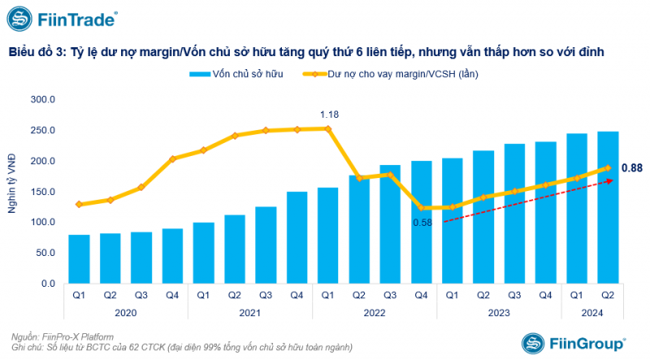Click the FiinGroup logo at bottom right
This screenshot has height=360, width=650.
(574, 343)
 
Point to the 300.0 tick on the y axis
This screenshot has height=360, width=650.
(41, 99)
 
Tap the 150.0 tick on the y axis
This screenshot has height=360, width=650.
(41, 192)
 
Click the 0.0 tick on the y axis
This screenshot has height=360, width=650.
(47, 284)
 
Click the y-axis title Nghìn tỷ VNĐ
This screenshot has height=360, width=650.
(13, 191)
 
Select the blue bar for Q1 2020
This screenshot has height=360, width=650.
(79, 258)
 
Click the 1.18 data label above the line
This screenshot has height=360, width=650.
(329, 114)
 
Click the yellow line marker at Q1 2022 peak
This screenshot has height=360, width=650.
(328, 128)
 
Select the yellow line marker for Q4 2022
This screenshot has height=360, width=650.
(422, 207)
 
